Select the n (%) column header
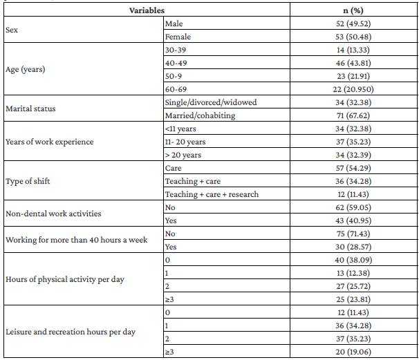[353, 10]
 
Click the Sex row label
[12, 30]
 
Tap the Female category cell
[178, 37]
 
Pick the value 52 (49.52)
[353, 24]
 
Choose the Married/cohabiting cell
[199, 115]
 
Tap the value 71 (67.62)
[353, 115]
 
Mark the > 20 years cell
[183, 155]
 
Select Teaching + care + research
[212, 194]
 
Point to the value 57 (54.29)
[353, 168]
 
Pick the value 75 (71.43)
[353, 233]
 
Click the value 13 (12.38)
[353, 272]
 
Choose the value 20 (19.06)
[353, 351]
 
